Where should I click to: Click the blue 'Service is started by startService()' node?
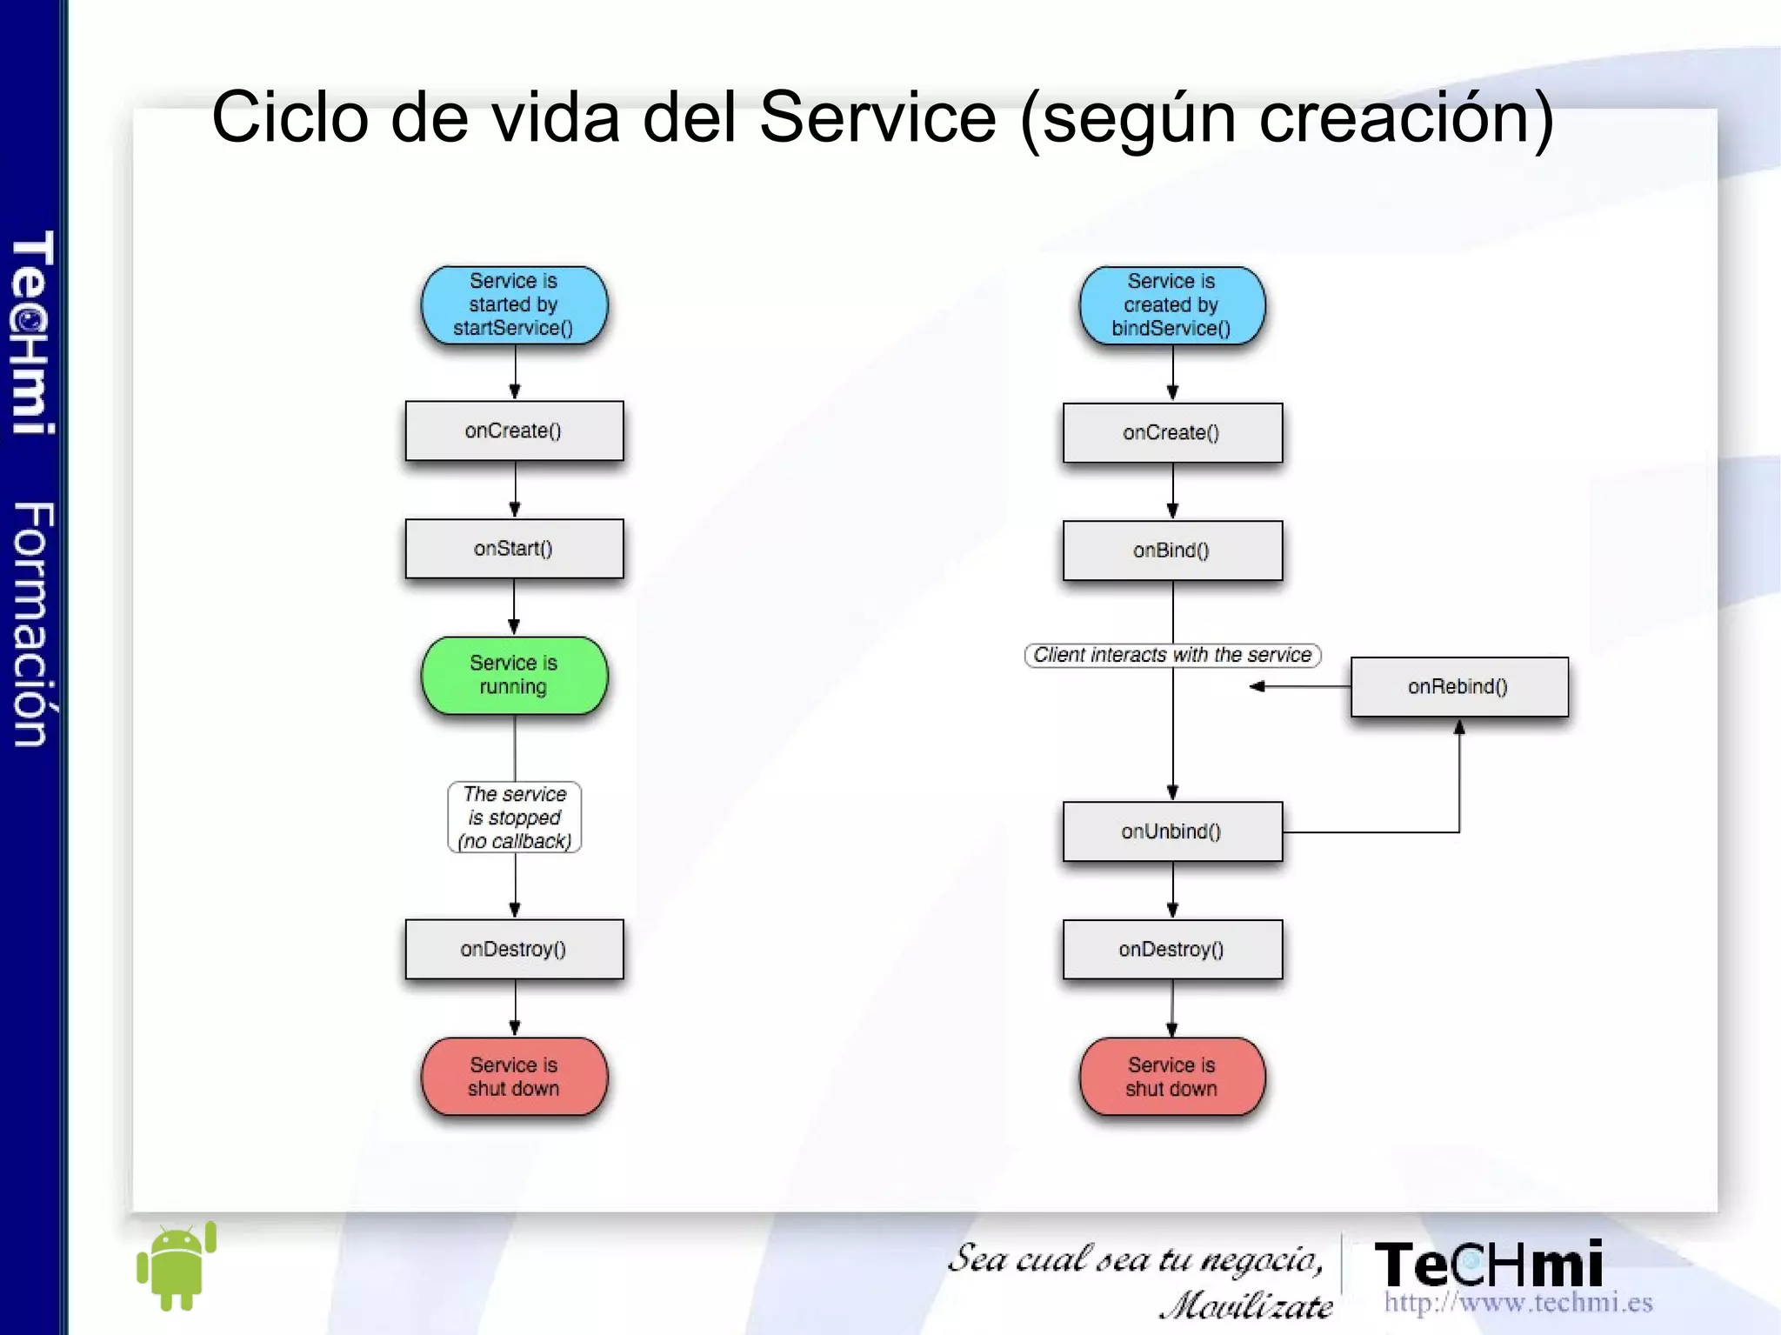(514, 305)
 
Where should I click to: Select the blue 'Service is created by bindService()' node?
(1171, 305)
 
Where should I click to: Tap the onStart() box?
(514, 549)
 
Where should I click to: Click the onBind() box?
(1171, 551)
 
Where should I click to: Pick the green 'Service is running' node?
(514, 675)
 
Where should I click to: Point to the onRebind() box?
(1458, 686)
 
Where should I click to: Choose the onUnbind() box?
(1171, 831)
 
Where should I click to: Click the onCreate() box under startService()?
(514, 431)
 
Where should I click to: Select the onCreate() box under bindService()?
(1171, 432)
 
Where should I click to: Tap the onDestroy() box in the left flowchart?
(514, 949)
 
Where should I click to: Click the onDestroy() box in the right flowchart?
(1171, 949)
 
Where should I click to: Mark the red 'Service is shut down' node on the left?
(514, 1076)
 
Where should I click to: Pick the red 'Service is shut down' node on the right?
(1171, 1076)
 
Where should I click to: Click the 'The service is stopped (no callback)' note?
(514, 818)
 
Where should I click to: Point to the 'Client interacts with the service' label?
(1171, 655)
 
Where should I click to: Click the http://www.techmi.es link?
(1518, 1302)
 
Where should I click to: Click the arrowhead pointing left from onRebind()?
(1257, 686)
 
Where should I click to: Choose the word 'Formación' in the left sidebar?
(33, 624)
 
